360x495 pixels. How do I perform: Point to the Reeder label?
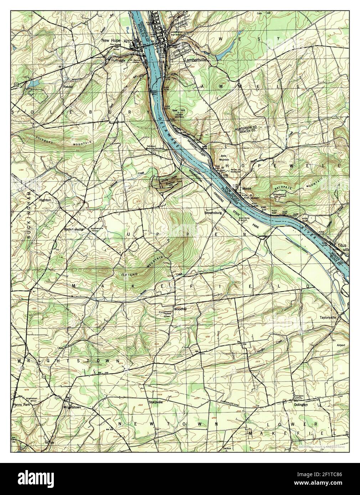[x=68, y=86]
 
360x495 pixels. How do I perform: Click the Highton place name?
[x=45, y=200]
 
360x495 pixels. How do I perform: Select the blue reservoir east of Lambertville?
[x=222, y=53]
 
